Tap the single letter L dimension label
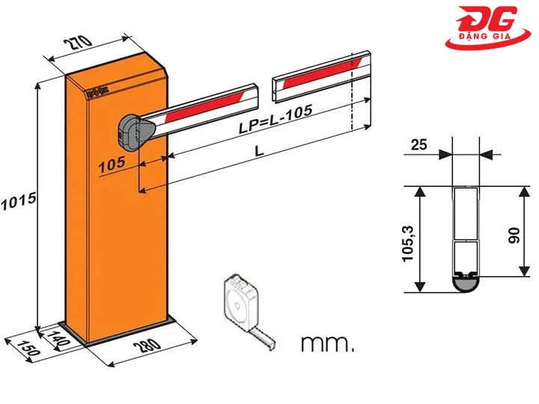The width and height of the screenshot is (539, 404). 258,150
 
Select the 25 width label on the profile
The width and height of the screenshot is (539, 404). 419,144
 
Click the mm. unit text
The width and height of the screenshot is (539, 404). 326,344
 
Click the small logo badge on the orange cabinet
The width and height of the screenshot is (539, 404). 97,93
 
